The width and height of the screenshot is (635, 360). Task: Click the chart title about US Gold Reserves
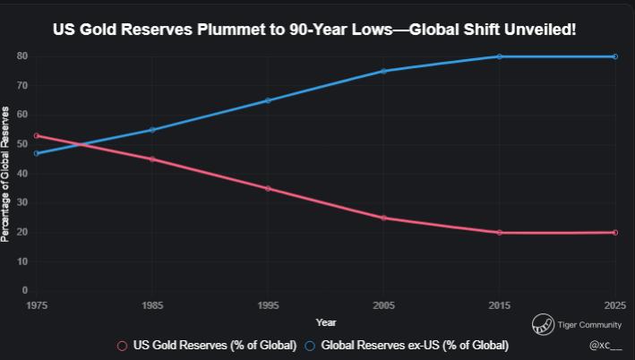click(314, 30)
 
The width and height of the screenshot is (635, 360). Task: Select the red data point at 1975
click(37, 136)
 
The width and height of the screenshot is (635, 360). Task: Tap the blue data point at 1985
click(152, 130)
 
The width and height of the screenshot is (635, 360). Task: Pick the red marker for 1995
click(268, 188)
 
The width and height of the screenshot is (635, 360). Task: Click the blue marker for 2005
click(383, 72)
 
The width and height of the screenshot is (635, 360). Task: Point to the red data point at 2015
click(499, 233)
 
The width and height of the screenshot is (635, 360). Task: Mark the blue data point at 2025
click(614, 56)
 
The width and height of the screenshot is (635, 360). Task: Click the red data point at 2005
click(383, 218)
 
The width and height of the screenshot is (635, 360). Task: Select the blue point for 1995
click(268, 100)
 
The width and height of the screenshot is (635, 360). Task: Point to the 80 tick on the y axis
click(21, 56)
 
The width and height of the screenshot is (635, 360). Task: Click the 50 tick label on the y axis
click(21, 144)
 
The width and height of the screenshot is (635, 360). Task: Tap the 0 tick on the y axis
click(24, 291)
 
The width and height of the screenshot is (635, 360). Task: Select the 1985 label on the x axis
click(152, 305)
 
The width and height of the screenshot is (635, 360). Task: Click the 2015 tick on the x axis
click(499, 305)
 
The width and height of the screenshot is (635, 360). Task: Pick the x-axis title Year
click(326, 322)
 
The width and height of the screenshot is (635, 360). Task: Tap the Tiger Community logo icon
click(542, 324)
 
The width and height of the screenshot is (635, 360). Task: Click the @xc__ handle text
click(605, 345)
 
